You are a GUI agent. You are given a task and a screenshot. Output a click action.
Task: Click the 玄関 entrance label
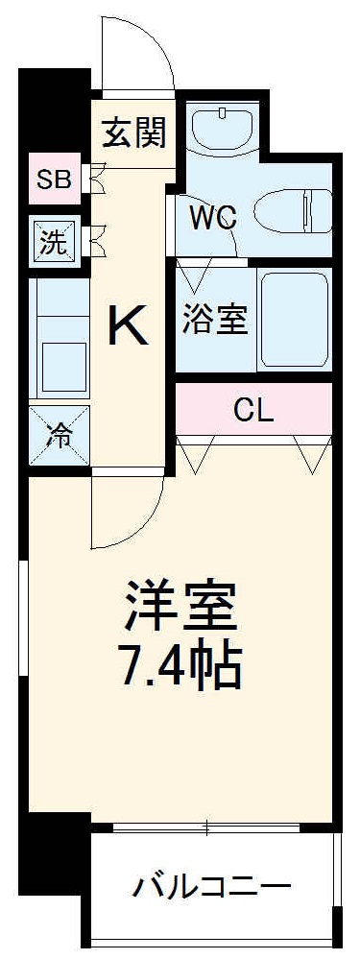click(x=135, y=132)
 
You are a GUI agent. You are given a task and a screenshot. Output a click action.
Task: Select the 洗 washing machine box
click(x=54, y=241)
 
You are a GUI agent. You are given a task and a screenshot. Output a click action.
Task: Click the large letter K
click(x=127, y=327)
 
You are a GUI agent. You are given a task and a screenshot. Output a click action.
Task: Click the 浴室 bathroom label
click(x=215, y=319)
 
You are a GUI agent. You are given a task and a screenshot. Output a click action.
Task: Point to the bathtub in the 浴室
click(x=294, y=319)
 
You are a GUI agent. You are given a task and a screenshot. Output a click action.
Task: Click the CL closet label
click(x=253, y=410)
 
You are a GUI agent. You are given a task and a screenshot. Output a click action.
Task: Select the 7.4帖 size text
click(x=180, y=664)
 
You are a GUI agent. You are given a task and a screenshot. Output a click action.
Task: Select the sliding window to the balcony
click(x=210, y=826)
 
